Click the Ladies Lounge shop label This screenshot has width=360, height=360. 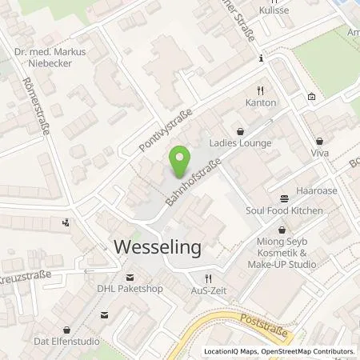point(240,143)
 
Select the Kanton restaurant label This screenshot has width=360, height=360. point(261,103)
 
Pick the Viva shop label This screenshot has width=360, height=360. point(320,152)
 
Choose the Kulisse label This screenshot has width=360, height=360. point(273,11)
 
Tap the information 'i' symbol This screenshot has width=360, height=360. point(261,58)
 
